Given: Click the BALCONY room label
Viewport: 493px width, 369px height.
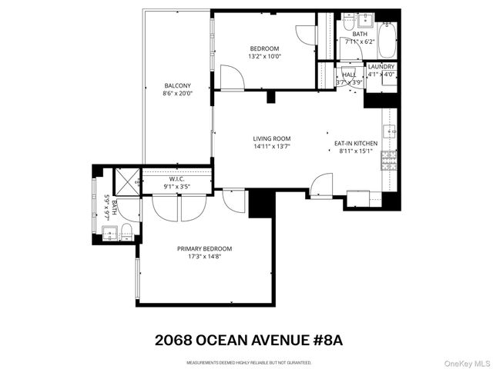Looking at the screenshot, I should [x=177, y=85].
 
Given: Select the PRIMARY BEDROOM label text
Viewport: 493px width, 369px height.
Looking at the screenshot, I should [x=204, y=248].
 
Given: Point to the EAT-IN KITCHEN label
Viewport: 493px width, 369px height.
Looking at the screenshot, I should [x=355, y=143].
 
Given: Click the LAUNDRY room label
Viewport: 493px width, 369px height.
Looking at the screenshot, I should [x=381, y=67].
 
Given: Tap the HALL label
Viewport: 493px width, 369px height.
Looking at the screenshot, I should [x=349, y=75].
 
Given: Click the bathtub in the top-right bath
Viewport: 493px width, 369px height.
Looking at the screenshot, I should [x=386, y=37].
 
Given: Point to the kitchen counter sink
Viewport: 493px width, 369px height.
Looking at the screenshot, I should [x=391, y=131].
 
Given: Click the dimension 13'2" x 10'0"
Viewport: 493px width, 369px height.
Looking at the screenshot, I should [x=264, y=56].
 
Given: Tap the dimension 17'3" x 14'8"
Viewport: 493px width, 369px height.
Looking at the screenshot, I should [x=204, y=257].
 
